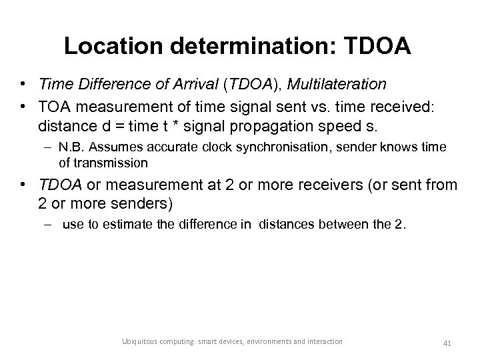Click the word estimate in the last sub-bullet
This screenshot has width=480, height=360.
126,225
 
